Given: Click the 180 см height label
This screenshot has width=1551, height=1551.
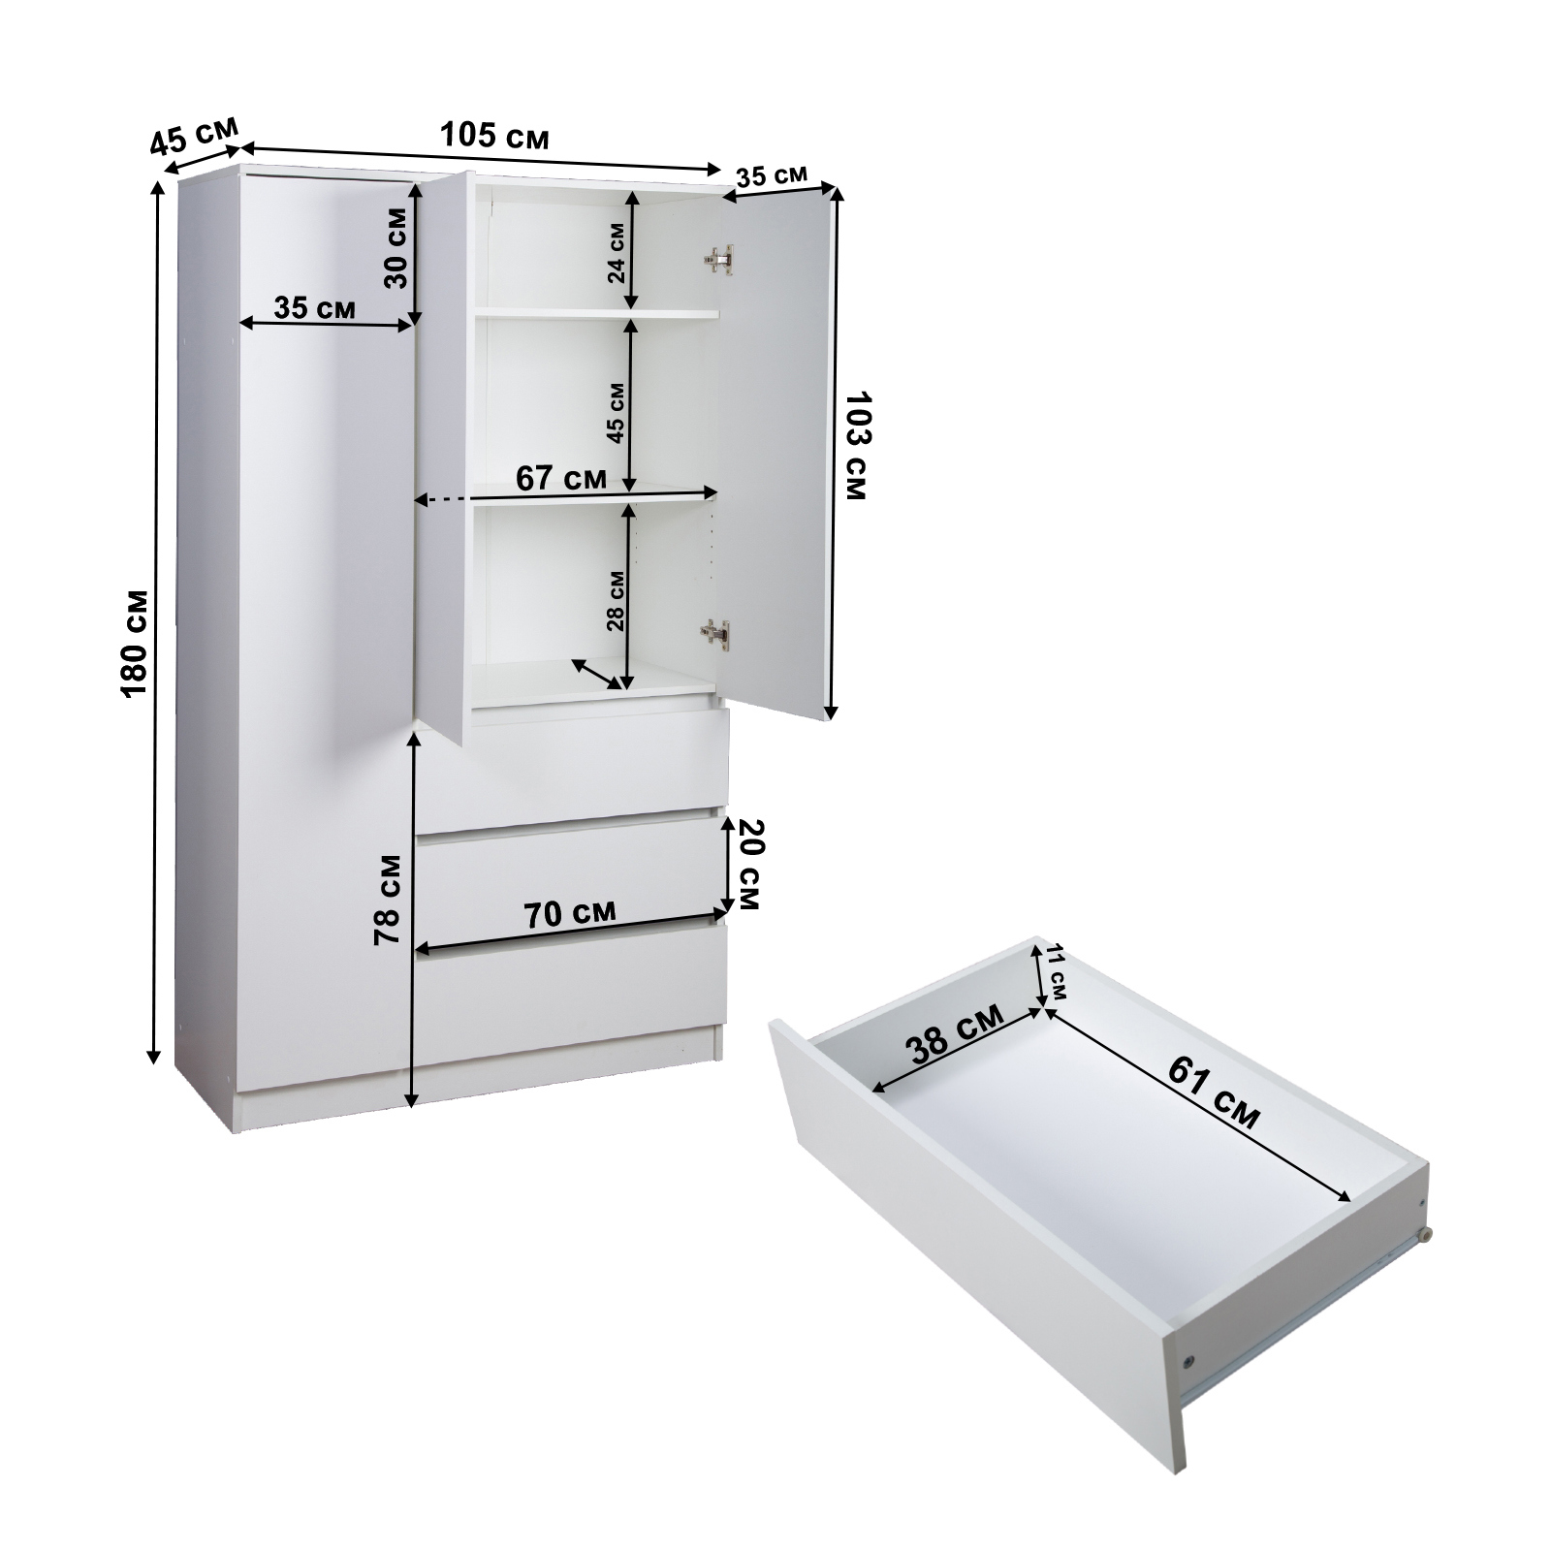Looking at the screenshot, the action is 134,641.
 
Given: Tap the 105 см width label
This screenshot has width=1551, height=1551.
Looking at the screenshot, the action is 494,135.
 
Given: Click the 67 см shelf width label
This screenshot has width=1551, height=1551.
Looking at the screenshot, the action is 561,478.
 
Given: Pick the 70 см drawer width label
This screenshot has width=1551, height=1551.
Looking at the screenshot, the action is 569,914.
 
